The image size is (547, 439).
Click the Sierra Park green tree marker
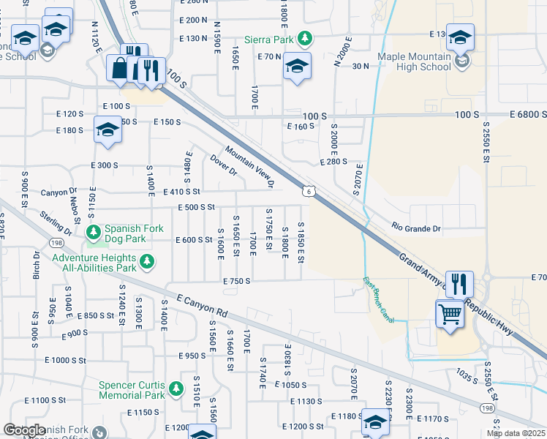[309, 38]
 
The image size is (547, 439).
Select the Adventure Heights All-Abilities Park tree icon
[147, 261]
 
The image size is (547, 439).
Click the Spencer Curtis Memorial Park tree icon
[176, 389]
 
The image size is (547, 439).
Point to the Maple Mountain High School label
[414, 61]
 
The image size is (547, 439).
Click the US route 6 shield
[310, 190]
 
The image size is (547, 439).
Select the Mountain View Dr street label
[249, 166]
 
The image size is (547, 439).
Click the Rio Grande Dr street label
[418, 227]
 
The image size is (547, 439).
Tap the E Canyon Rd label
[203, 305]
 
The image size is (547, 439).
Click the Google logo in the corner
[24, 430]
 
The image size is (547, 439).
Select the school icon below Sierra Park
[297, 66]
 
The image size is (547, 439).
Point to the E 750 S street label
[237, 281]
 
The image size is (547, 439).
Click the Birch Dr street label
[37, 267]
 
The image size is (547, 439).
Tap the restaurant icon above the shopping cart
[459, 282]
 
